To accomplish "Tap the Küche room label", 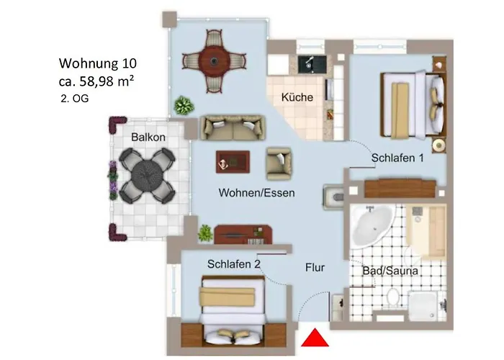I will (297, 97).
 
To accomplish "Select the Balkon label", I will (148, 138).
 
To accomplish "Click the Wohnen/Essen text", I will (257, 193).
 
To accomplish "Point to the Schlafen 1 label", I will (397, 158).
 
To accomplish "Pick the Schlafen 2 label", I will (233, 264).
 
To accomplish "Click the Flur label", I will (314, 267).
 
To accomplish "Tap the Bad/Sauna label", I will (390, 271).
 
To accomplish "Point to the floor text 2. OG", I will (75, 99).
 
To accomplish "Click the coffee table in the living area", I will (233, 162).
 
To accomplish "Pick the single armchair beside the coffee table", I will (279, 163).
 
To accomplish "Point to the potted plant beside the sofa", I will (184, 104).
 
